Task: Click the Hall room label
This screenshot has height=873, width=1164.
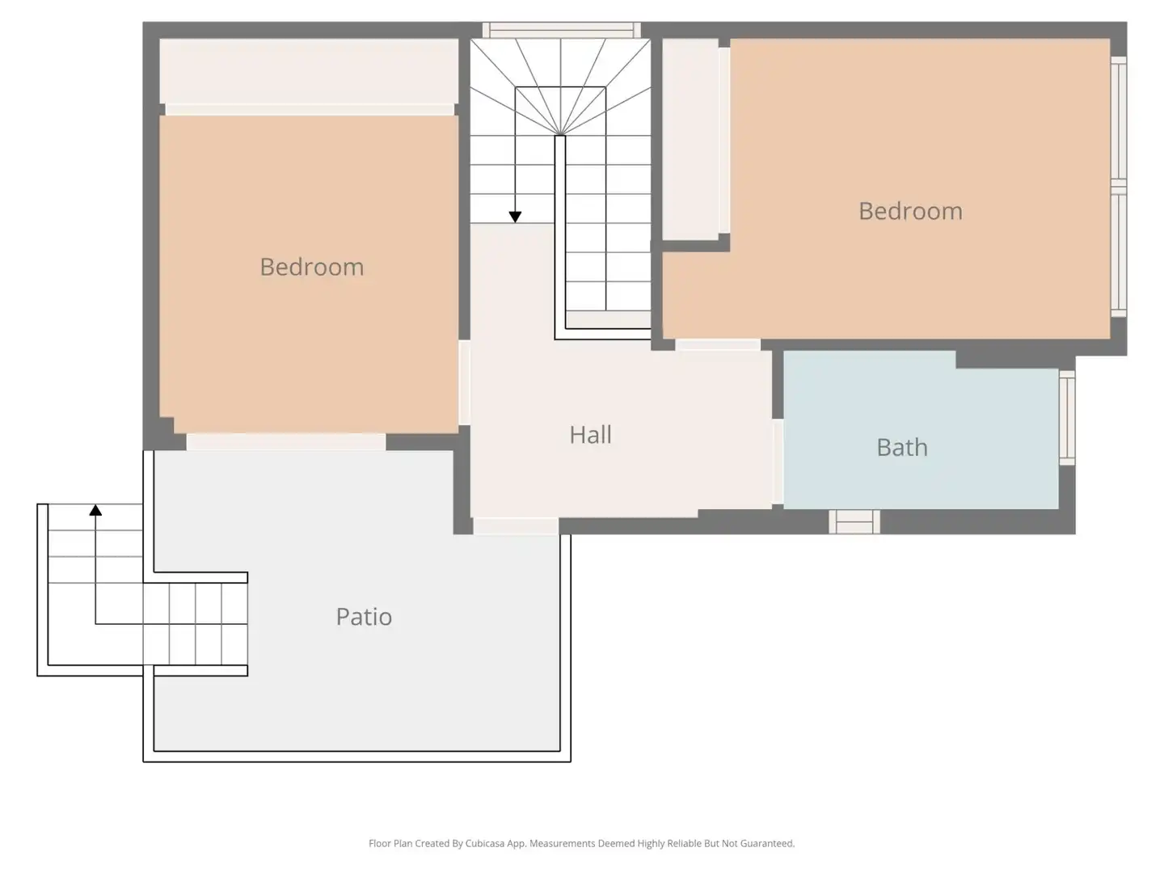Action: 590,435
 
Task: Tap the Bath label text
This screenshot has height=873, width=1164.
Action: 902,447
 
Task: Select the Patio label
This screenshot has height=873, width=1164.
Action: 364,617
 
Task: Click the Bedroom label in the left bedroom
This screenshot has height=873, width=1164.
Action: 312,267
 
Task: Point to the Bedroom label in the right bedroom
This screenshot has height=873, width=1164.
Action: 910,211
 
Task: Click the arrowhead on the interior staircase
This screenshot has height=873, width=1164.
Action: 515,217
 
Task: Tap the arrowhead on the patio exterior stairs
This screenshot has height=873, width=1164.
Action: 95,510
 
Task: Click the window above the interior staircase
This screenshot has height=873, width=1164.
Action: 562,30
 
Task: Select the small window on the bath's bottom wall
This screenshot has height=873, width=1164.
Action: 854,522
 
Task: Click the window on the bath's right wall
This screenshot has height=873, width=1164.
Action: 1067,418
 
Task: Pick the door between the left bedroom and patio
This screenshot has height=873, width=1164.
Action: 286,442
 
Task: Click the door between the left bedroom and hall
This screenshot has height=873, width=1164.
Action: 464,382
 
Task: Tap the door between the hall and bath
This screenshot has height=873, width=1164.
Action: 778,461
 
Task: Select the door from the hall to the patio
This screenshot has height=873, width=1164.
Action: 516,526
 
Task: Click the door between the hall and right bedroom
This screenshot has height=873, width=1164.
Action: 718,345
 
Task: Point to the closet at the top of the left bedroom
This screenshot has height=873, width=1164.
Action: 309,71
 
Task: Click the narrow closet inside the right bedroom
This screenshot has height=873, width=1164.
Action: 690,139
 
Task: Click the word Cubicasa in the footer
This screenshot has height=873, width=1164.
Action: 485,843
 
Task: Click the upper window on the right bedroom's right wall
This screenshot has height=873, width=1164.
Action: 1119,121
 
